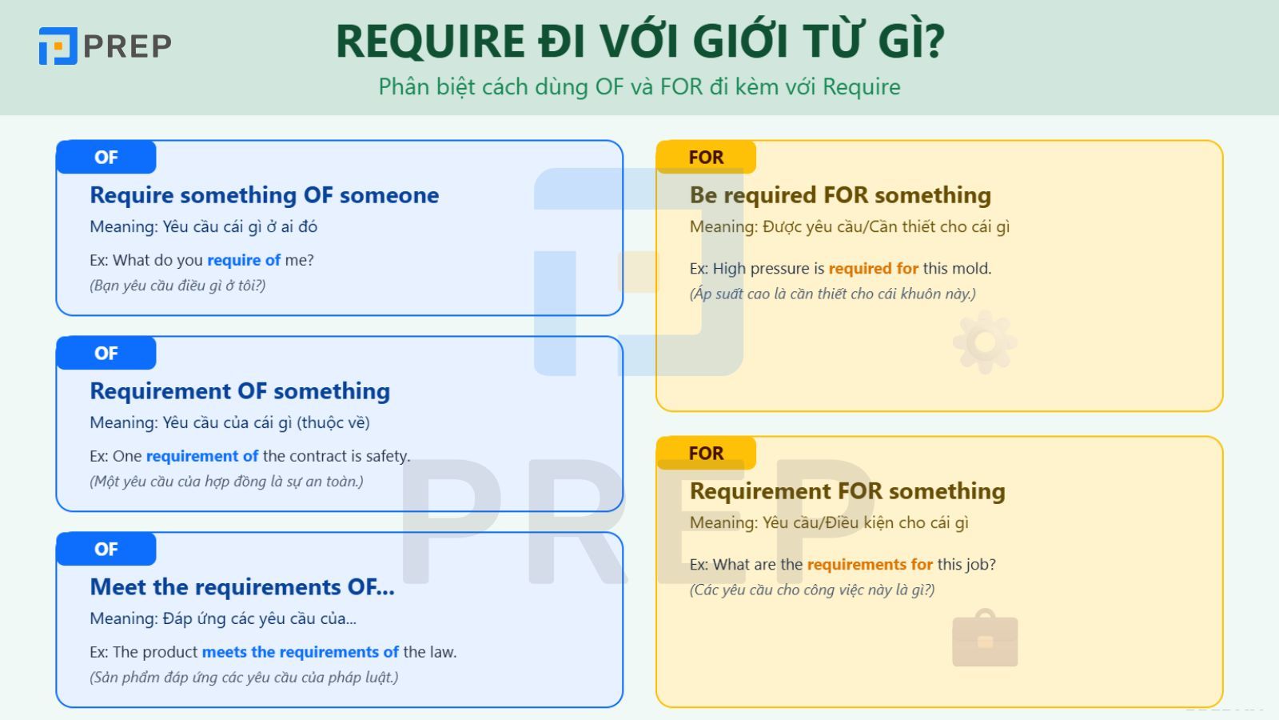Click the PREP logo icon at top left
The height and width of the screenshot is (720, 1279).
(x=58, y=46)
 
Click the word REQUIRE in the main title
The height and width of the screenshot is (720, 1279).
(x=429, y=42)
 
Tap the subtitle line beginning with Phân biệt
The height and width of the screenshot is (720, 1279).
(x=639, y=86)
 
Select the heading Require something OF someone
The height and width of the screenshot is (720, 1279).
(x=264, y=195)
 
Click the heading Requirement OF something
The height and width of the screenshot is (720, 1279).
(x=240, y=391)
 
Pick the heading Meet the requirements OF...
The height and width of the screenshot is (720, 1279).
(x=241, y=587)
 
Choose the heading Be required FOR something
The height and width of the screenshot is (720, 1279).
(x=839, y=195)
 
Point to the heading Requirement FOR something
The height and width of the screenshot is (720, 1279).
(x=847, y=491)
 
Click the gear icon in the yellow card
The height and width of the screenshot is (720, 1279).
(x=984, y=342)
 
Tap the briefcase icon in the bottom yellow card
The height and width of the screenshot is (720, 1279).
(x=985, y=639)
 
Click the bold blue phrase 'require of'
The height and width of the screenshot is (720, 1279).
(x=244, y=260)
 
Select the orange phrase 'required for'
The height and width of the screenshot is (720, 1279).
(x=873, y=269)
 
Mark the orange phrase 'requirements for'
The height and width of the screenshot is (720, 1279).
(x=869, y=565)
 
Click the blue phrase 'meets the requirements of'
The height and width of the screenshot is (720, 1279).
(x=300, y=652)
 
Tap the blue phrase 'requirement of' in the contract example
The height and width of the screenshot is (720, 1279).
(x=201, y=456)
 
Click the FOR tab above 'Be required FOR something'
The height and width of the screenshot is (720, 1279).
(x=706, y=158)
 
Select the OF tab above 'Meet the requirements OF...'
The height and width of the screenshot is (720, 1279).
(x=106, y=550)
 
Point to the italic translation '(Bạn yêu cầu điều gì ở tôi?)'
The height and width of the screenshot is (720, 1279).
(x=177, y=286)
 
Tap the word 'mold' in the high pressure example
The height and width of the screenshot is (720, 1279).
(x=971, y=269)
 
